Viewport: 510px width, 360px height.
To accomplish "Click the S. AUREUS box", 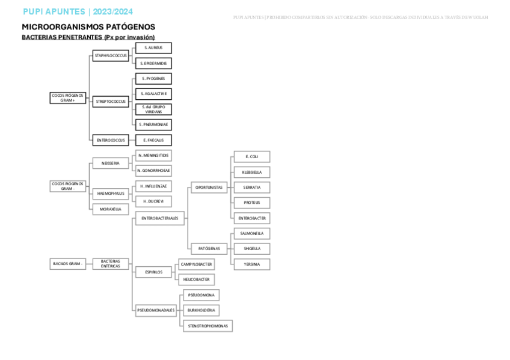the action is (153, 47).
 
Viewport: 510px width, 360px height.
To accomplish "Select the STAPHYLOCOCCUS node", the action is (110, 56).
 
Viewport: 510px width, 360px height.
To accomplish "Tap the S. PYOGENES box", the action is (153, 79).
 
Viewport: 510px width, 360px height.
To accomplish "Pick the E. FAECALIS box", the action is (153, 140).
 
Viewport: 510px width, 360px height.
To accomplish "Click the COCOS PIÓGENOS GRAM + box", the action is (67, 98).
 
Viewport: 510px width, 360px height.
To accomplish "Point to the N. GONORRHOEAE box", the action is (153, 171).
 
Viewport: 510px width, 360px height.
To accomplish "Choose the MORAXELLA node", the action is (110, 209).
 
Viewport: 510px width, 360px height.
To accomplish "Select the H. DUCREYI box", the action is (153, 201).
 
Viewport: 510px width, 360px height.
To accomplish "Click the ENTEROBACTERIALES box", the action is (159, 219).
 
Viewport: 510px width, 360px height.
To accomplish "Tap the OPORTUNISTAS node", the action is (209, 188).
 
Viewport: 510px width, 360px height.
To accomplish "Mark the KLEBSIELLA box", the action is (251, 172).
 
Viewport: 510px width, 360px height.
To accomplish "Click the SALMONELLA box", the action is (251, 233).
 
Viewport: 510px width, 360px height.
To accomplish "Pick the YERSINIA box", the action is (251, 264).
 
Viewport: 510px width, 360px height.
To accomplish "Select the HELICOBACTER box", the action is (195, 279).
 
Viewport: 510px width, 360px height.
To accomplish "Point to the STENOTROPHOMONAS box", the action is (207, 326).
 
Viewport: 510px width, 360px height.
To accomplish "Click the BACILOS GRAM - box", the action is (67, 263).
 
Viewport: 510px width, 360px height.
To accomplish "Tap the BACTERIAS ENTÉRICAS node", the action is (110, 263).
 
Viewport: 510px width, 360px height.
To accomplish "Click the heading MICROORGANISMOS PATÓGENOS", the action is (88, 27).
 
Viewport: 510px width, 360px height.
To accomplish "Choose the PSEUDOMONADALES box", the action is (156, 311).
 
